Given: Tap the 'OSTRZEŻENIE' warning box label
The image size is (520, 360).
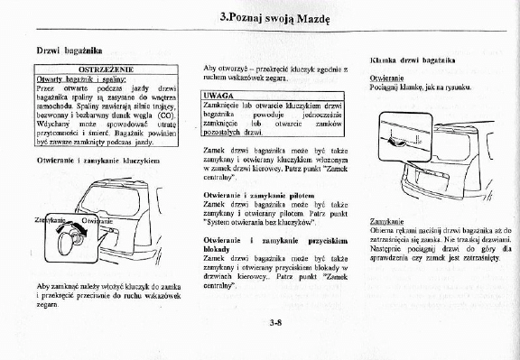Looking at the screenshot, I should pos(107,68).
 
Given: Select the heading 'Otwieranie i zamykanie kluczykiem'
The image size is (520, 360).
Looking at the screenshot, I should pos(97,160).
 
